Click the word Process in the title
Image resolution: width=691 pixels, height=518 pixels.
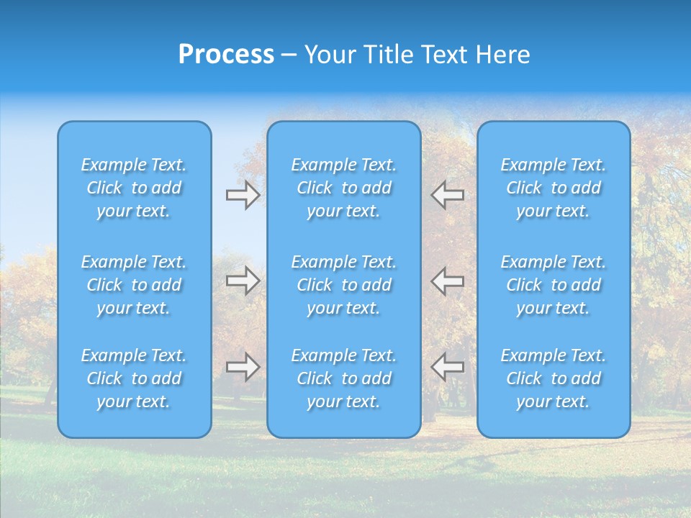226,55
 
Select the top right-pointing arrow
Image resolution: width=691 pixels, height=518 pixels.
243,195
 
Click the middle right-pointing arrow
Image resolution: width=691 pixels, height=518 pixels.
243,281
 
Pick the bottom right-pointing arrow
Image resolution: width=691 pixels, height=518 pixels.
243,367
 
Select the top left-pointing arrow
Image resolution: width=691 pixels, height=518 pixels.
447,195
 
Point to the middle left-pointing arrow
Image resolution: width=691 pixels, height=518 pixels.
447,281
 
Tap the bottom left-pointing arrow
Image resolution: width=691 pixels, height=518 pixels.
447,367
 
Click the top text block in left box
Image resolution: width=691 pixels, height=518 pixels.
134,188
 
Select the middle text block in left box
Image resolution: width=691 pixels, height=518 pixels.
134,285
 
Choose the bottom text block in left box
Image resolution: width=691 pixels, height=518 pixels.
134,378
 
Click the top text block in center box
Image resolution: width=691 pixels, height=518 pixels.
343,188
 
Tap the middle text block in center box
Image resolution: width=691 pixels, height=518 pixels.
343,285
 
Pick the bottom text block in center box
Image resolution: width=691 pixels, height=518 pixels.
343,378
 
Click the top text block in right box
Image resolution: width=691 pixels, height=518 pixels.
554,188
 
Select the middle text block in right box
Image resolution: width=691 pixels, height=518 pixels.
554,285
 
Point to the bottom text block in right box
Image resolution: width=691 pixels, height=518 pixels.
554,378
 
